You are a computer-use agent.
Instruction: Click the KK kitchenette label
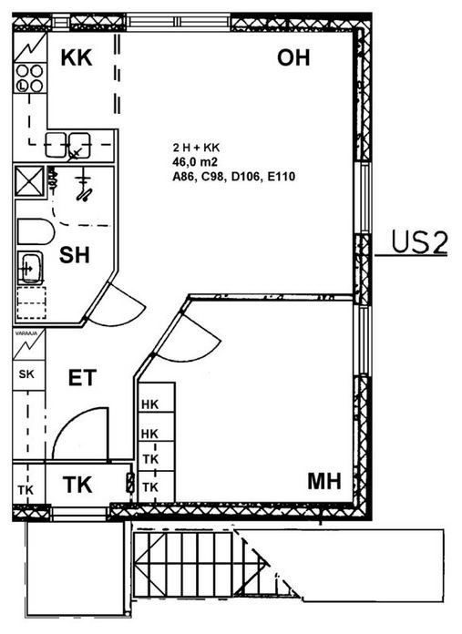pyautogui.click(x=77, y=57)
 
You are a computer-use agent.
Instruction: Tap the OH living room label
pyautogui.click(x=293, y=57)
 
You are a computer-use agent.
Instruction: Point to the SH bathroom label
pyautogui.click(x=75, y=255)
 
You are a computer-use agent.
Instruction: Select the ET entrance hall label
pyautogui.click(x=82, y=378)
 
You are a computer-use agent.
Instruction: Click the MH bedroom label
pyautogui.click(x=324, y=481)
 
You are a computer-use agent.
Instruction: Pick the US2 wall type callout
pyautogui.click(x=419, y=242)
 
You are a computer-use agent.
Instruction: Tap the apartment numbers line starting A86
pyautogui.click(x=234, y=177)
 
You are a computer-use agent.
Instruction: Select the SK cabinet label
pyautogui.click(x=26, y=374)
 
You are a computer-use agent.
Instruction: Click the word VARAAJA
pyautogui.click(x=26, y=333)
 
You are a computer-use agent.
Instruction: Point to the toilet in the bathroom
pyautogui.click(x=36, y=231)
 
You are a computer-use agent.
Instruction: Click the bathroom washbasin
pyautogui.click(x=30, y=268)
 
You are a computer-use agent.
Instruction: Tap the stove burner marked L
pyautogui.click(x=22, y=86)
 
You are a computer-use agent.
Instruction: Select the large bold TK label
pyautogui.click(x=77, y=485)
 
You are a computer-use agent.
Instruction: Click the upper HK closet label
pyautogui.click(x=150, y=404)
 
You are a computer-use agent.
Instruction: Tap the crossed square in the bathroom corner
pyautogui.click(x=29, y=181)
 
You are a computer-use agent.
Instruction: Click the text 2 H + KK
pyautogui.click(x=196, y=148)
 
